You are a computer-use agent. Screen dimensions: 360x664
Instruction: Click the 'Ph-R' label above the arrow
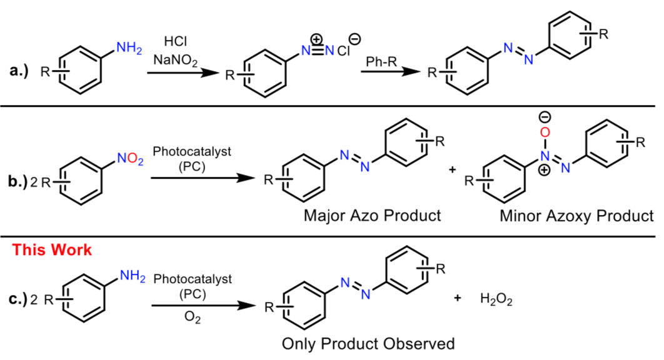381,61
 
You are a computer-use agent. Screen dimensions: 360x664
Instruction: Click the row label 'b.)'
18,182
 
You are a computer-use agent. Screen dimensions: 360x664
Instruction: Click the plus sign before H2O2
459,299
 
